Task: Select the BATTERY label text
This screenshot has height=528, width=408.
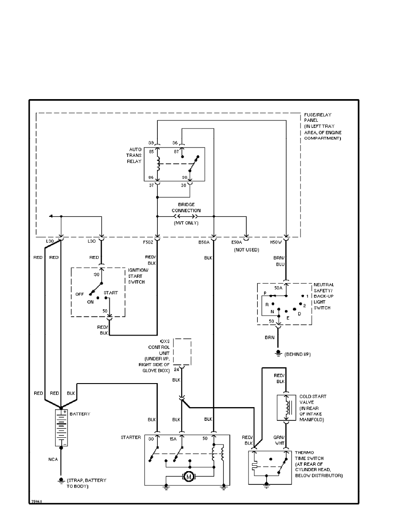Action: [x=80, y=414]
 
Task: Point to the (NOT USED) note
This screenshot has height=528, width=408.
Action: [x=247, y=250]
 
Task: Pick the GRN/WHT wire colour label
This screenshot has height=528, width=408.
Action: [x=280, y=440]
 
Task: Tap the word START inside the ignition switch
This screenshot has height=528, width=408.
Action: [x=111, y=293]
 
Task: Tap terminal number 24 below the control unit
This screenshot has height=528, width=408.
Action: [x=176, y=369]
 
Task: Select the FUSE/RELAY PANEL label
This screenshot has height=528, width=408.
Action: [x=323, y=126]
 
